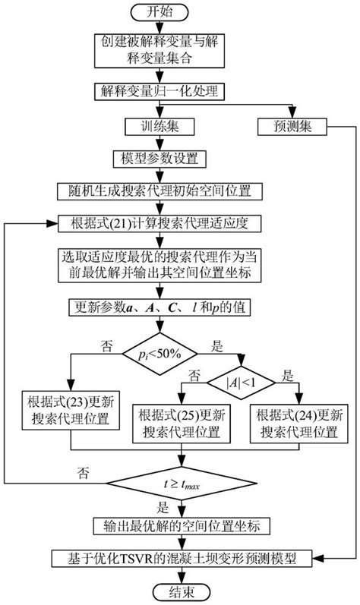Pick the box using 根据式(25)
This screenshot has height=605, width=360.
(x=181, y=424)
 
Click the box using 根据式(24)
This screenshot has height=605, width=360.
(x=298, y=424)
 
